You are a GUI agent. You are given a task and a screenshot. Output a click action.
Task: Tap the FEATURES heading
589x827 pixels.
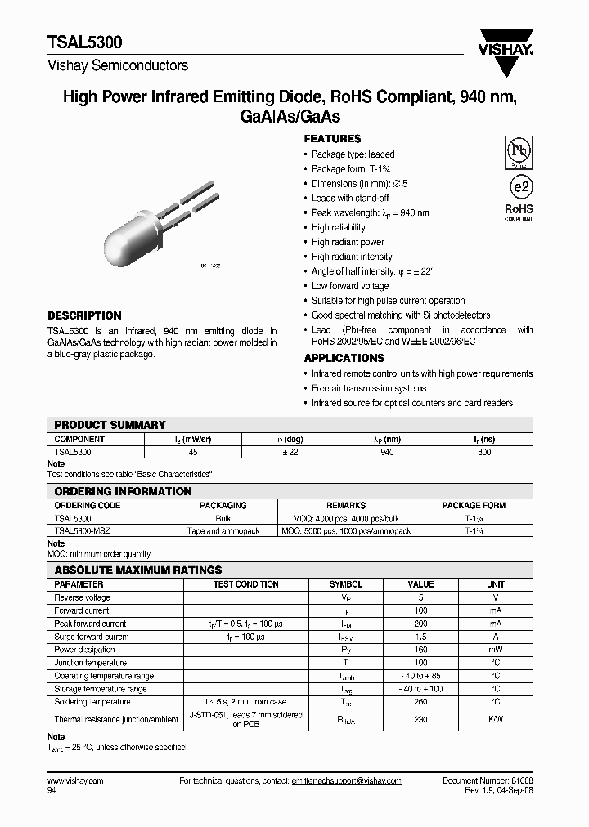(x=332, y=139)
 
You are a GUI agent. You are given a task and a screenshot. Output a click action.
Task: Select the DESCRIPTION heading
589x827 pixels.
(x=84, y=315)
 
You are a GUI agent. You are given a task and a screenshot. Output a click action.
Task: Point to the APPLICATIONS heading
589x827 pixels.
(x=344, y=358)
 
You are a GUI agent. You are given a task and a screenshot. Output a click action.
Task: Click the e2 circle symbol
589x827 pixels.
(x=518, y=188)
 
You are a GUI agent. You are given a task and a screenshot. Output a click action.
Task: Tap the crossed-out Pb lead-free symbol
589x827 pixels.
(x=518, y=151)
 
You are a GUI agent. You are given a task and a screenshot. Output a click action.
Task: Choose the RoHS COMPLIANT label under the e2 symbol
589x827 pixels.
(x=519, y=213)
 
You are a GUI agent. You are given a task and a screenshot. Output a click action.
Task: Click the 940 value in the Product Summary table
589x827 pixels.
(x=387, y=452)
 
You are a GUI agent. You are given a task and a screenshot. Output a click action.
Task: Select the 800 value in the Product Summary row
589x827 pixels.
(x=483, y=452)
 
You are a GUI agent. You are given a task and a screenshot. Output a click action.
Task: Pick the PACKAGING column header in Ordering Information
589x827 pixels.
(x=223, y=506)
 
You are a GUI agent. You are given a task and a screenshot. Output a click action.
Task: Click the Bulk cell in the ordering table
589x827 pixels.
(x=223, y=518)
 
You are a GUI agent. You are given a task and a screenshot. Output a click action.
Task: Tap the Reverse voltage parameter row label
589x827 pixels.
(x=82, y=597)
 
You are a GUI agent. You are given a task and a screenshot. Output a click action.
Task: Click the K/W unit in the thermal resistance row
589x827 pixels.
(x=496, y=720)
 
